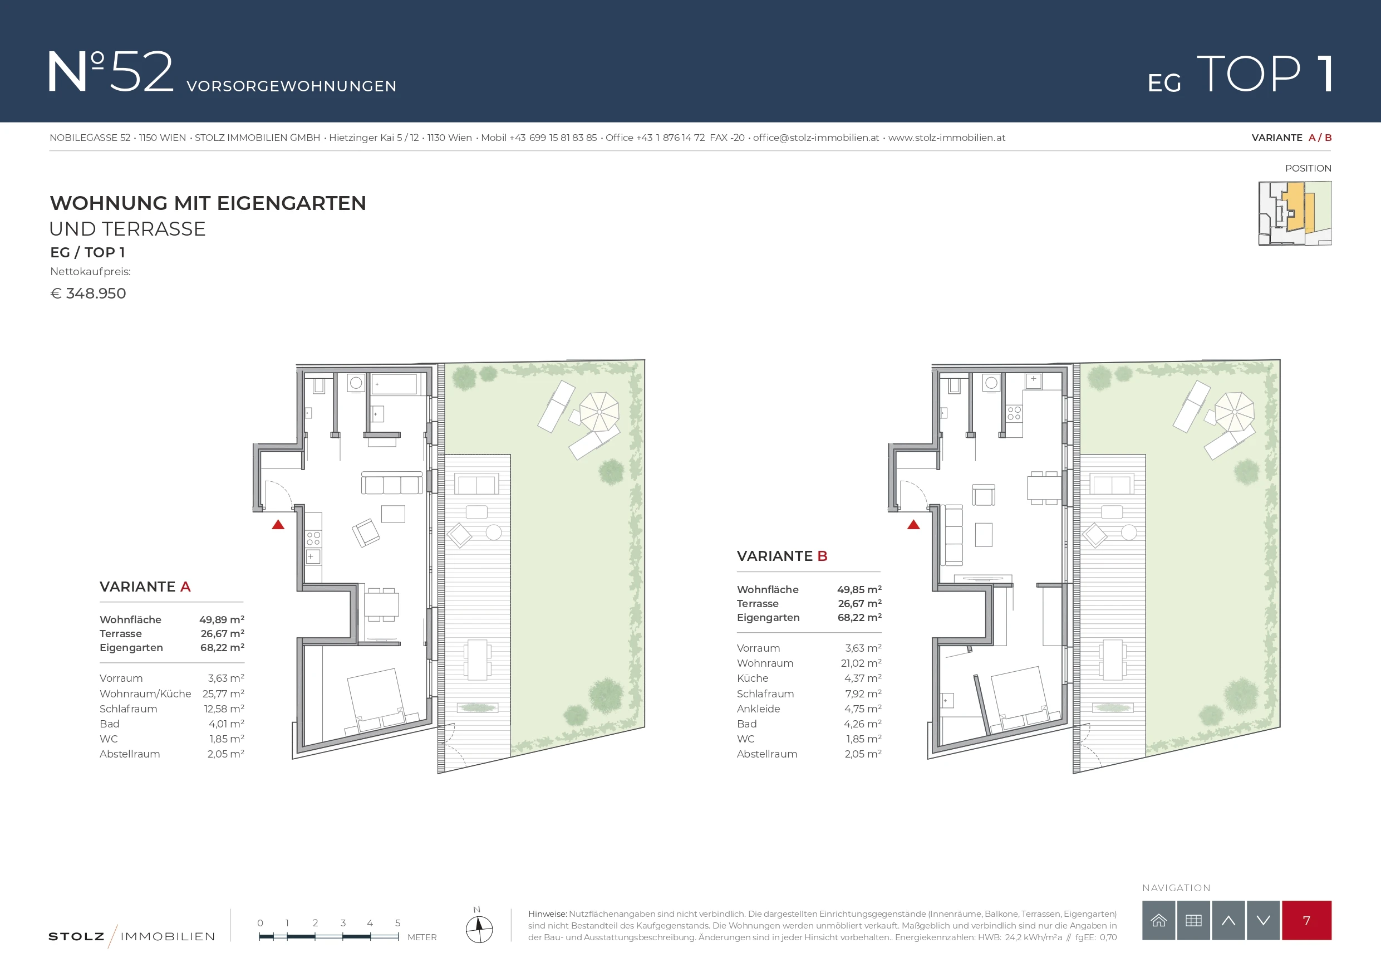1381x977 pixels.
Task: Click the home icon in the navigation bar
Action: (1158, 920)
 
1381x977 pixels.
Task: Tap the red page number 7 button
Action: (1306, 920)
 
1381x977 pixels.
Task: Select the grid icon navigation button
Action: (1193, 920)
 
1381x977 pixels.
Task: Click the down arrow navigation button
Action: (1263, 920)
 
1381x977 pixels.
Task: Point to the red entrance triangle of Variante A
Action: (278, 525)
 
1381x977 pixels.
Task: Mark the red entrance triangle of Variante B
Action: (913, 525)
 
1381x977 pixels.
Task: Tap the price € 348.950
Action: (88, 293)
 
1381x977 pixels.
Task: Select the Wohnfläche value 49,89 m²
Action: (222, 619)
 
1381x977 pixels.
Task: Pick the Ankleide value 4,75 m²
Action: (863, 709)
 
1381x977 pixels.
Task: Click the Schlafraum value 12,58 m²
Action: (224, 709)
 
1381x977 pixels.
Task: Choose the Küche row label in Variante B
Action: (753, 678)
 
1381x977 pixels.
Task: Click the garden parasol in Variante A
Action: (599, 412)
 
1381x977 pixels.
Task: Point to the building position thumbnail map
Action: (1295, 213)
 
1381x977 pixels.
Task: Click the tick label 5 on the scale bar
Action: (397, 923)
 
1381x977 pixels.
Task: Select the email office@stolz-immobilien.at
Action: (816, 138)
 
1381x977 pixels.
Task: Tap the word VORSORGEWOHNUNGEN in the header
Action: (292, 86)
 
